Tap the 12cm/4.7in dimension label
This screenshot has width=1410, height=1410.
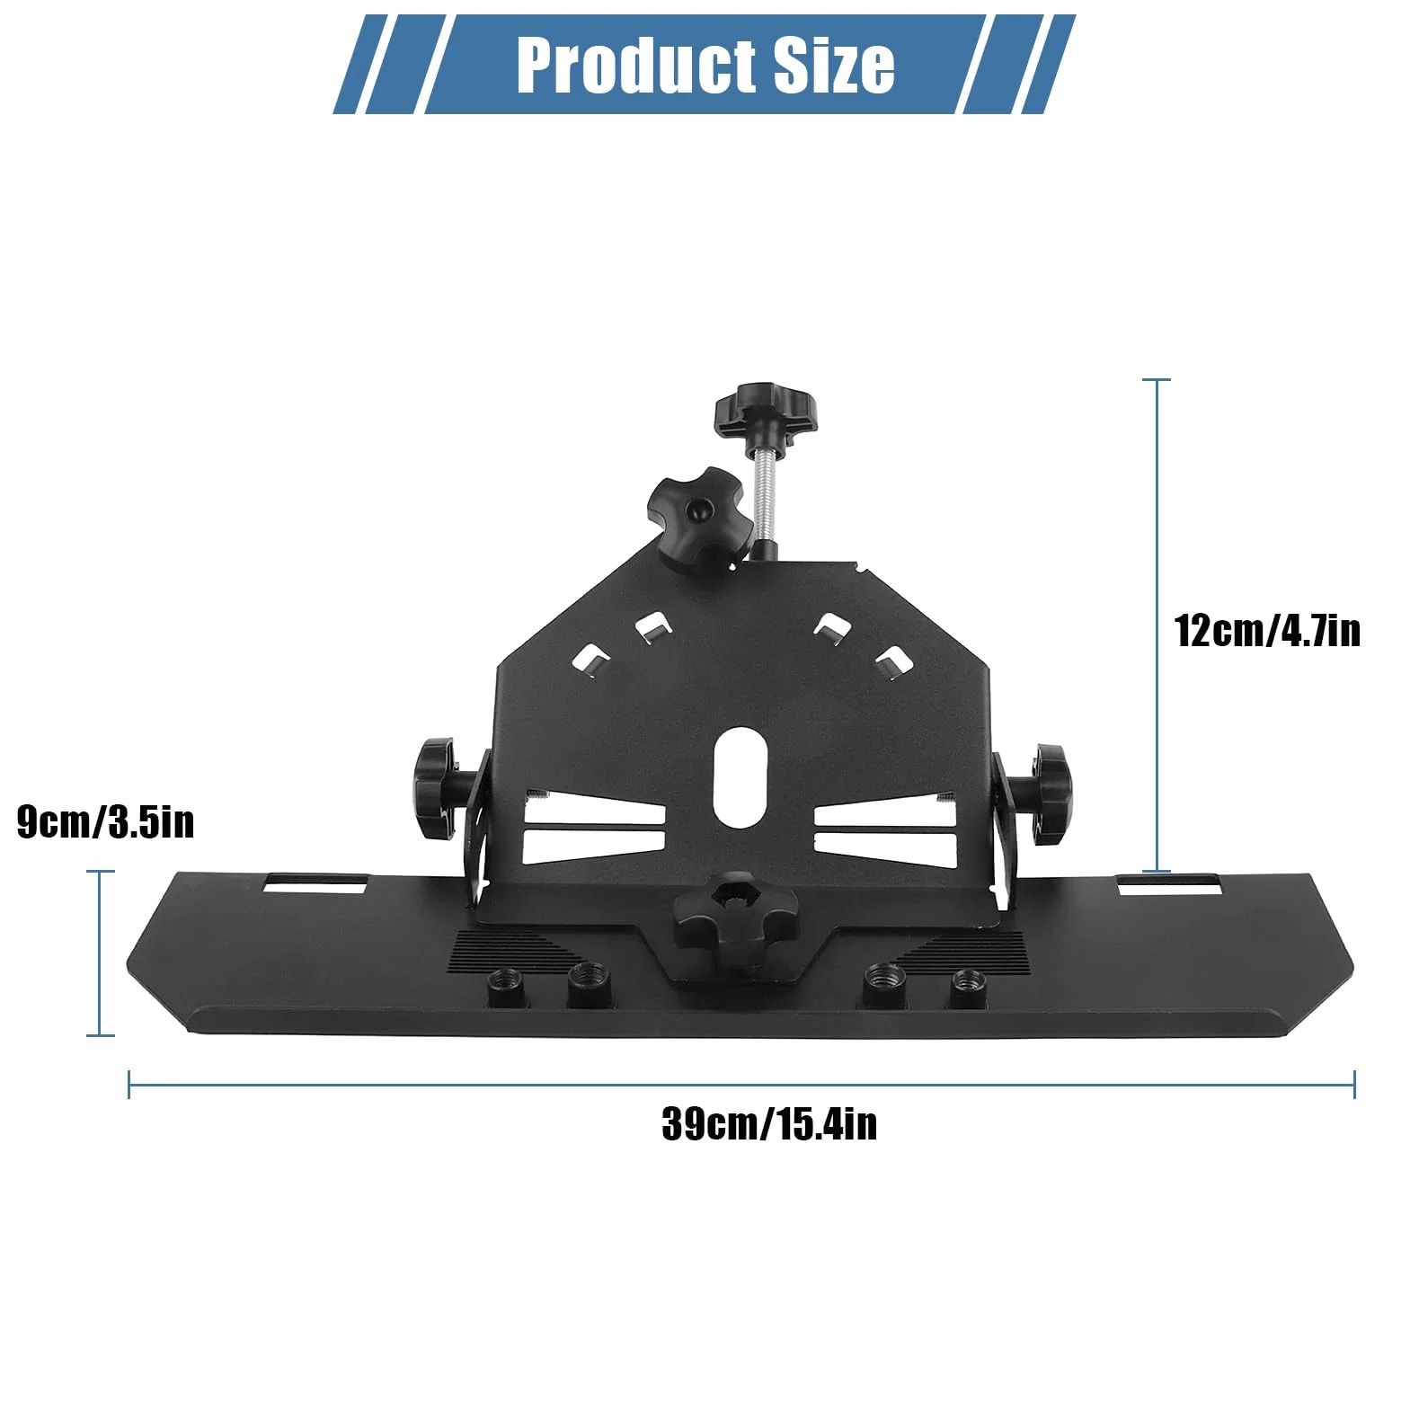click(1267, 630)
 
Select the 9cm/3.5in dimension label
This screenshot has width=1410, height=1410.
click(106, 822)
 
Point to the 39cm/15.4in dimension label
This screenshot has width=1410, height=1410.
click(769, 1124)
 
